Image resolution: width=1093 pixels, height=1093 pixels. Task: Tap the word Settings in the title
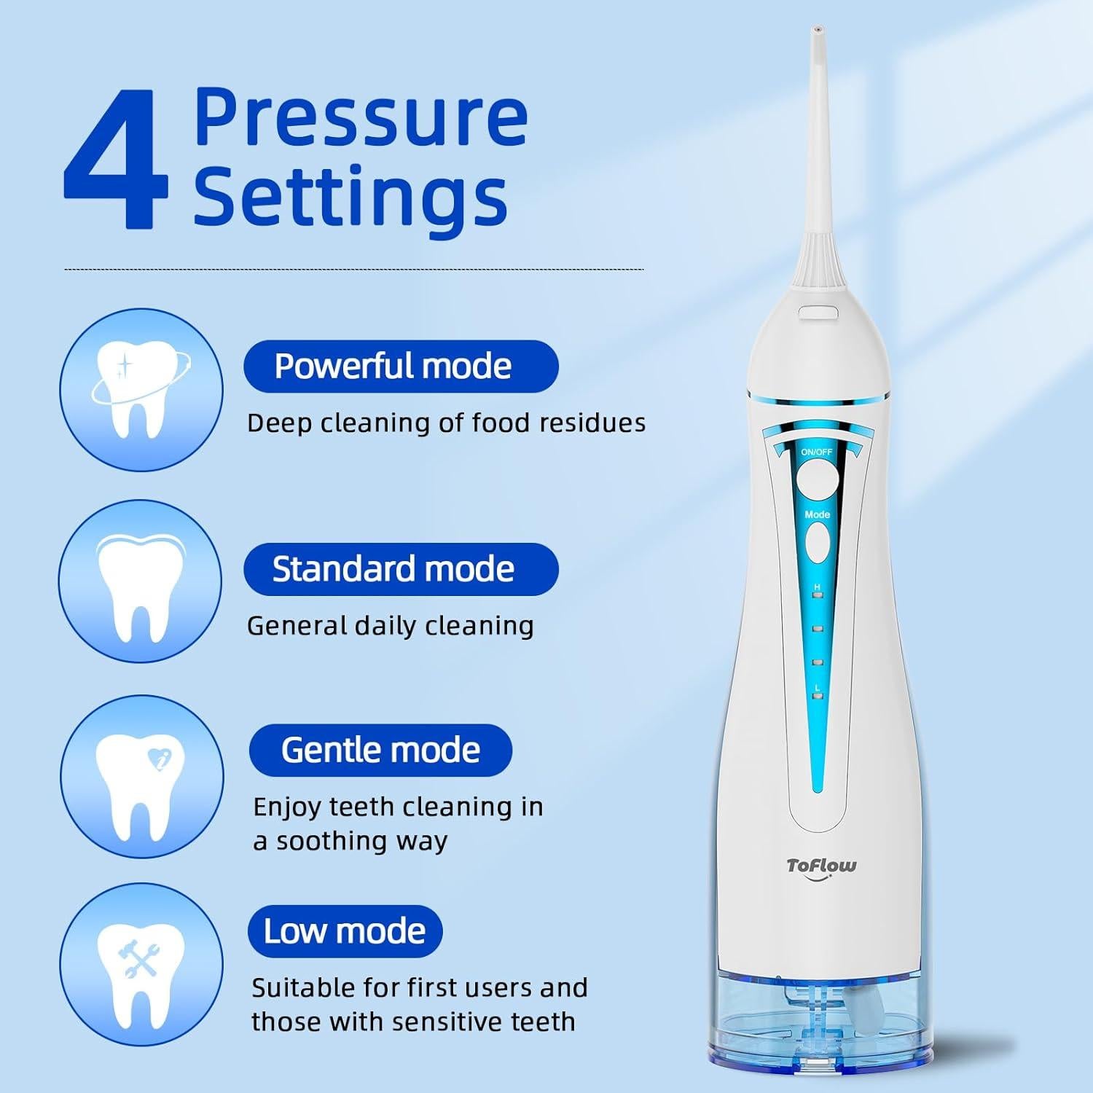pos(350,195)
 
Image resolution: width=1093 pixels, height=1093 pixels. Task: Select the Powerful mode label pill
pos(400,366)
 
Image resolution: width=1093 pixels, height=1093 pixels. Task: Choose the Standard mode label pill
pos(400,569)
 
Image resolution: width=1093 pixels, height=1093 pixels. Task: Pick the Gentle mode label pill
pos(380,750)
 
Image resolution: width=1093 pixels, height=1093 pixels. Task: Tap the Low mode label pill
pos(345,931)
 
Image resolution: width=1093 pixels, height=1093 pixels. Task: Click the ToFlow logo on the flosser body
pos(821,866)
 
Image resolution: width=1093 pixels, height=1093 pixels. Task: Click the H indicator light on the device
pos(818,595)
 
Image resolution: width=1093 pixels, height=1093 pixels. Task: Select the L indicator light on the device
pos(818,697)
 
